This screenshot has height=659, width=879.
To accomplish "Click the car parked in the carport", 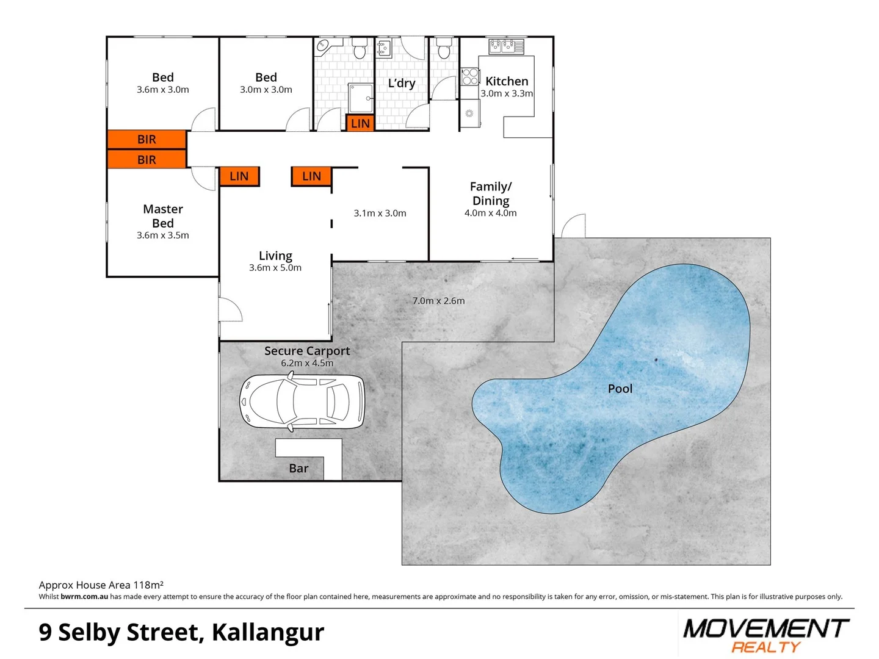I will pyautogui.click(x=303, y=402).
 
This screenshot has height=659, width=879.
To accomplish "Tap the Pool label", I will pyautogui.click(x=620, y=389).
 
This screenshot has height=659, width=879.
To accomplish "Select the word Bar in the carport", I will pyautogui.click(x=298, y=468).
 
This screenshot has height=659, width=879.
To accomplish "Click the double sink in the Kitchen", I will pyautogui.click(x=506, y=46).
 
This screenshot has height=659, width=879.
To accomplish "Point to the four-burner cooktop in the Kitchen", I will pyautogui.click(x=469, y=77).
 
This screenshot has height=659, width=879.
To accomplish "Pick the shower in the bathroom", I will pyautogui.click(x=360, y=98).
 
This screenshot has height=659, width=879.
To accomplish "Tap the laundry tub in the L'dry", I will pyautogui.click(x=383, y=48).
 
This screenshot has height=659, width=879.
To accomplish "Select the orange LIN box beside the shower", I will pyautogui.click(x=360, y=123).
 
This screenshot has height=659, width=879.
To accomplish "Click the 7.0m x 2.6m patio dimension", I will pyautogui.click(x=438, y=301).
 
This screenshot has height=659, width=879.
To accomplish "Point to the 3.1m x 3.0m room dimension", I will pyautogui.click(x=380, y=213).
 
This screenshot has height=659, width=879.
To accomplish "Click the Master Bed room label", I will pyautogui.click(x=163, y=216).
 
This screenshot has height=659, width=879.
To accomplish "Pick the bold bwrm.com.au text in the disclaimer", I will pyautogui.click(x=84, y=597).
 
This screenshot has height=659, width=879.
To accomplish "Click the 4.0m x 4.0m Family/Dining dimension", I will pyautogui.click(x=490, y=213).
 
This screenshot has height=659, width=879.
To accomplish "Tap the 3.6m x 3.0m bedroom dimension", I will pyautogui.click(x=163, y=90).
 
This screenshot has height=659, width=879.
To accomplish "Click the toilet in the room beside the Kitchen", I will pyautogui.click(x=444, y=48).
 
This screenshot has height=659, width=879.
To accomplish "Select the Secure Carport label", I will pyautogui.click(x=307, y=351).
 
